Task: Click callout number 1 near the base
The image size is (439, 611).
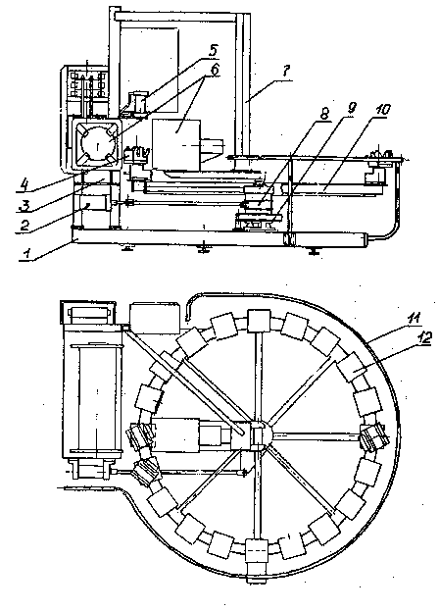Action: click(26, 253)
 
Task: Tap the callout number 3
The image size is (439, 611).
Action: click(24, 205)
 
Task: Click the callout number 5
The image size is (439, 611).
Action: click(214, 50)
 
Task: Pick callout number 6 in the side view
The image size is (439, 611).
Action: click(215, 69)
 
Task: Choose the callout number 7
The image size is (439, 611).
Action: click(285, 72)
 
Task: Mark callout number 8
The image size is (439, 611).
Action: click(323, 114)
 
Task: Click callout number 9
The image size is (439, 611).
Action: click(351, 109)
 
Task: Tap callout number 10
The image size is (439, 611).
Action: click(382, 110)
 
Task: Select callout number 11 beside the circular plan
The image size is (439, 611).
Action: click(414, 318)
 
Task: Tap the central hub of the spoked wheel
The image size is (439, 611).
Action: click(258, 435)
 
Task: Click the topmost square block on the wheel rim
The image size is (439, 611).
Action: click(259, 321)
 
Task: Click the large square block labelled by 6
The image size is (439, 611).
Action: click(176, 144)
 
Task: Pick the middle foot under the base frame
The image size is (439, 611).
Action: click(202, 249)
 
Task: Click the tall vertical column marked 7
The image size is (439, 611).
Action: click(242, 83)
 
